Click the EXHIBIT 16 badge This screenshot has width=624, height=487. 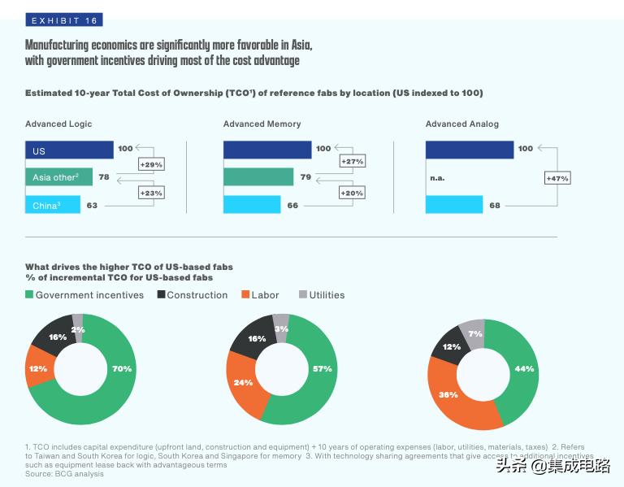[64, 20]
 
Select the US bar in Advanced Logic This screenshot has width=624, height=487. [69, 150]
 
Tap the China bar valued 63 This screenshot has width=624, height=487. [53, 205]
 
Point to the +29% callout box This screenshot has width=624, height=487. [153, 164]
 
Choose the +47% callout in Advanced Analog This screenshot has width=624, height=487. [557, 178]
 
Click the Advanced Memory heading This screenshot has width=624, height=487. [262, 124]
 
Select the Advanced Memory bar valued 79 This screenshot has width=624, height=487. [258, 176]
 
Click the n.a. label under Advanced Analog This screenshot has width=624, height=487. [437, 177]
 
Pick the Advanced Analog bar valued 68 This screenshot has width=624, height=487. [454, 205]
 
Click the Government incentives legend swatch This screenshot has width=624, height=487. [30, 295]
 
